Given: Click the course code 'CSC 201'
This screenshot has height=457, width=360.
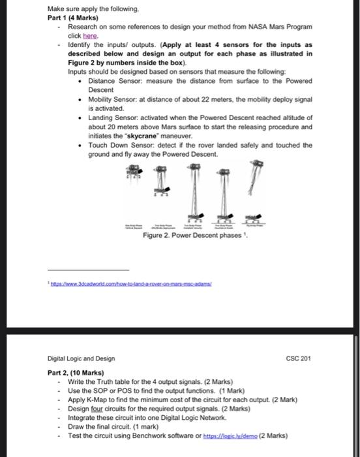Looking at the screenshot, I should click(299, 358).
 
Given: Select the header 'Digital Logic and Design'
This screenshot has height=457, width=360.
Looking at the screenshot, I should click(82, 358).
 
